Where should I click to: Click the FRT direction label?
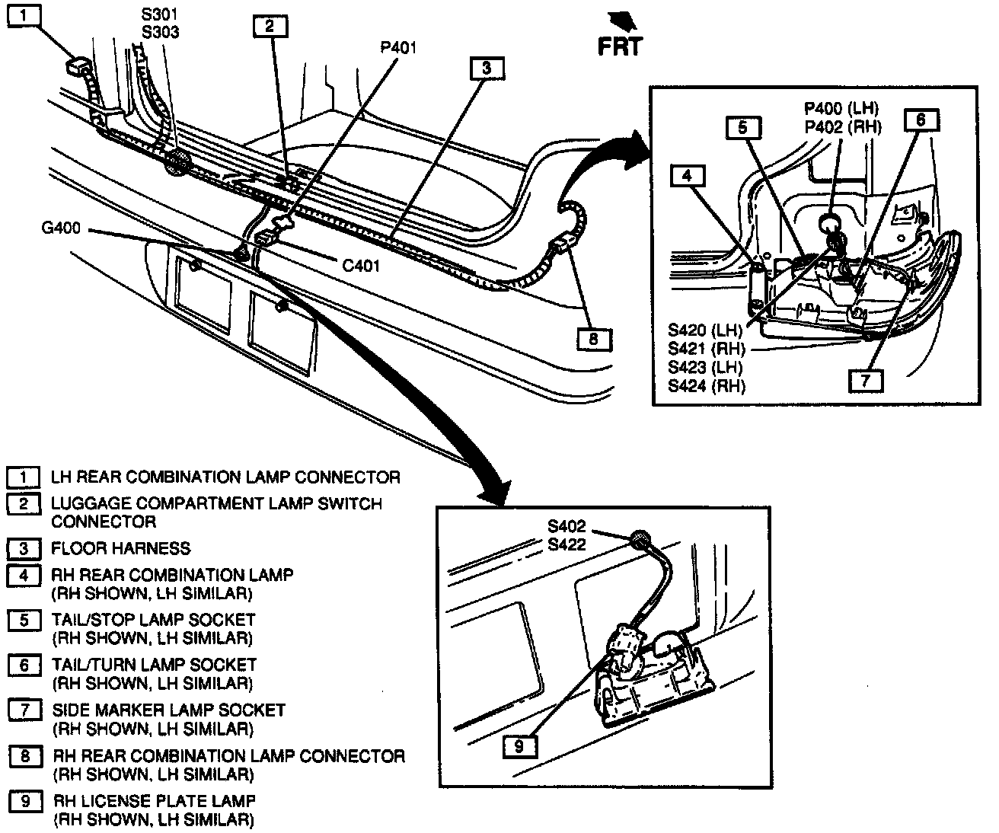coord(620,46)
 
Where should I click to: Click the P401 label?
coord(399,48)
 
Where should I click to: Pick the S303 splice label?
coord(160,33)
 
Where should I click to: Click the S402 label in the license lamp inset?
coord(567,526)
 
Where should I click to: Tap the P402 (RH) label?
coord(843,127)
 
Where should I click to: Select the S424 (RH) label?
coord(707,385)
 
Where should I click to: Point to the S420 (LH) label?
coord(705,330)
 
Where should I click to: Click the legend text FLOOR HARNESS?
coord(120,548)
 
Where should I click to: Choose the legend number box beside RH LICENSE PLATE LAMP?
coord(25,802)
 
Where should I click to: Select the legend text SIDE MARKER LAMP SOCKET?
coord(168,710)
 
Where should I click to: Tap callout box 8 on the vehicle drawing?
coord(593,338)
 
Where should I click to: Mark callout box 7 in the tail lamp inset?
coord(866,380)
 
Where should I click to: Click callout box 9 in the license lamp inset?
coord(519,746)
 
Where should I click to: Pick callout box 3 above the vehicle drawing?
coord(487,69)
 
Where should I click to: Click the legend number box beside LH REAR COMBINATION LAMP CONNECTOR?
coord(24,477)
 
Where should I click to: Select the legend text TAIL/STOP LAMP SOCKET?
coord(153,620)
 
